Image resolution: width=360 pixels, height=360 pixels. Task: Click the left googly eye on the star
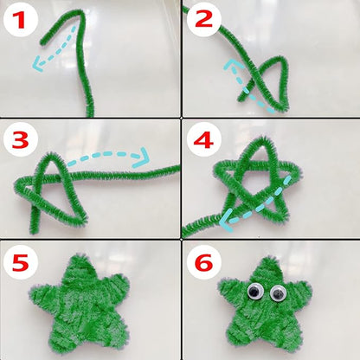coord(254,292)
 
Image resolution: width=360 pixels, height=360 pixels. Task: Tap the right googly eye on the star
coord(278,294)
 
